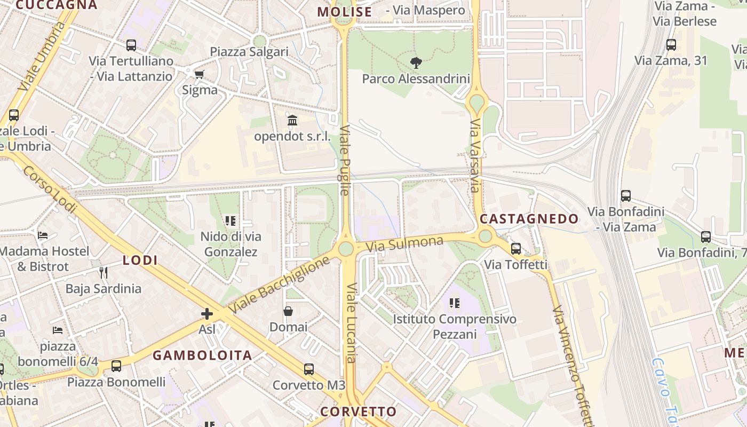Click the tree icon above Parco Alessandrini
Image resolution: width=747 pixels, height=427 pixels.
click(416, 63)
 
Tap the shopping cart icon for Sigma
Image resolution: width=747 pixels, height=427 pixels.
click(200, 74)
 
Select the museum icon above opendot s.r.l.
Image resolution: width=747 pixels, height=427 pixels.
click(292, 121)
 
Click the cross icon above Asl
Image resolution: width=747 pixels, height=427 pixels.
click(207, 314)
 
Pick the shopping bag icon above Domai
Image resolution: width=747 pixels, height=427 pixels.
click(288, 311)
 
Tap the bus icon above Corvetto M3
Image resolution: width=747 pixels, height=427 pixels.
click(309, 369)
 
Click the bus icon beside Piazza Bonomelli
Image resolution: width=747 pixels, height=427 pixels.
click(116, 366)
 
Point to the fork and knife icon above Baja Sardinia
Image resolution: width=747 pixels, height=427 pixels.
click(104, 273)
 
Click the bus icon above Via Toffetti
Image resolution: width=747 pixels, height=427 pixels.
click(516, 248)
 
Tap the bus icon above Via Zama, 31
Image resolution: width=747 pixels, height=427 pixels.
click(671, 45)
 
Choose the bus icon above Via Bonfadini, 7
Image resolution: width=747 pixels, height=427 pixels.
click(706, 236)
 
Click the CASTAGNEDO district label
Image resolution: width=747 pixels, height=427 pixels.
click(529, 219)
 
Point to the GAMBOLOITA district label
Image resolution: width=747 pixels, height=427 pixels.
click(202, 355)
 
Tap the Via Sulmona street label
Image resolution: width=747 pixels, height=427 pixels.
click(405, 244)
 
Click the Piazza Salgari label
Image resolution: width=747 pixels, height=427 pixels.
click(249, 52)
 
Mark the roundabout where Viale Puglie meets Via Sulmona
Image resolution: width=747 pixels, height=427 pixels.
click(346, 248)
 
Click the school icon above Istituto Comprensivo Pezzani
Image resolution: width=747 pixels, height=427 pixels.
click(455, 303)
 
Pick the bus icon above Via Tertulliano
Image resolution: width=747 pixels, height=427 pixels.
click(131, 45)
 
